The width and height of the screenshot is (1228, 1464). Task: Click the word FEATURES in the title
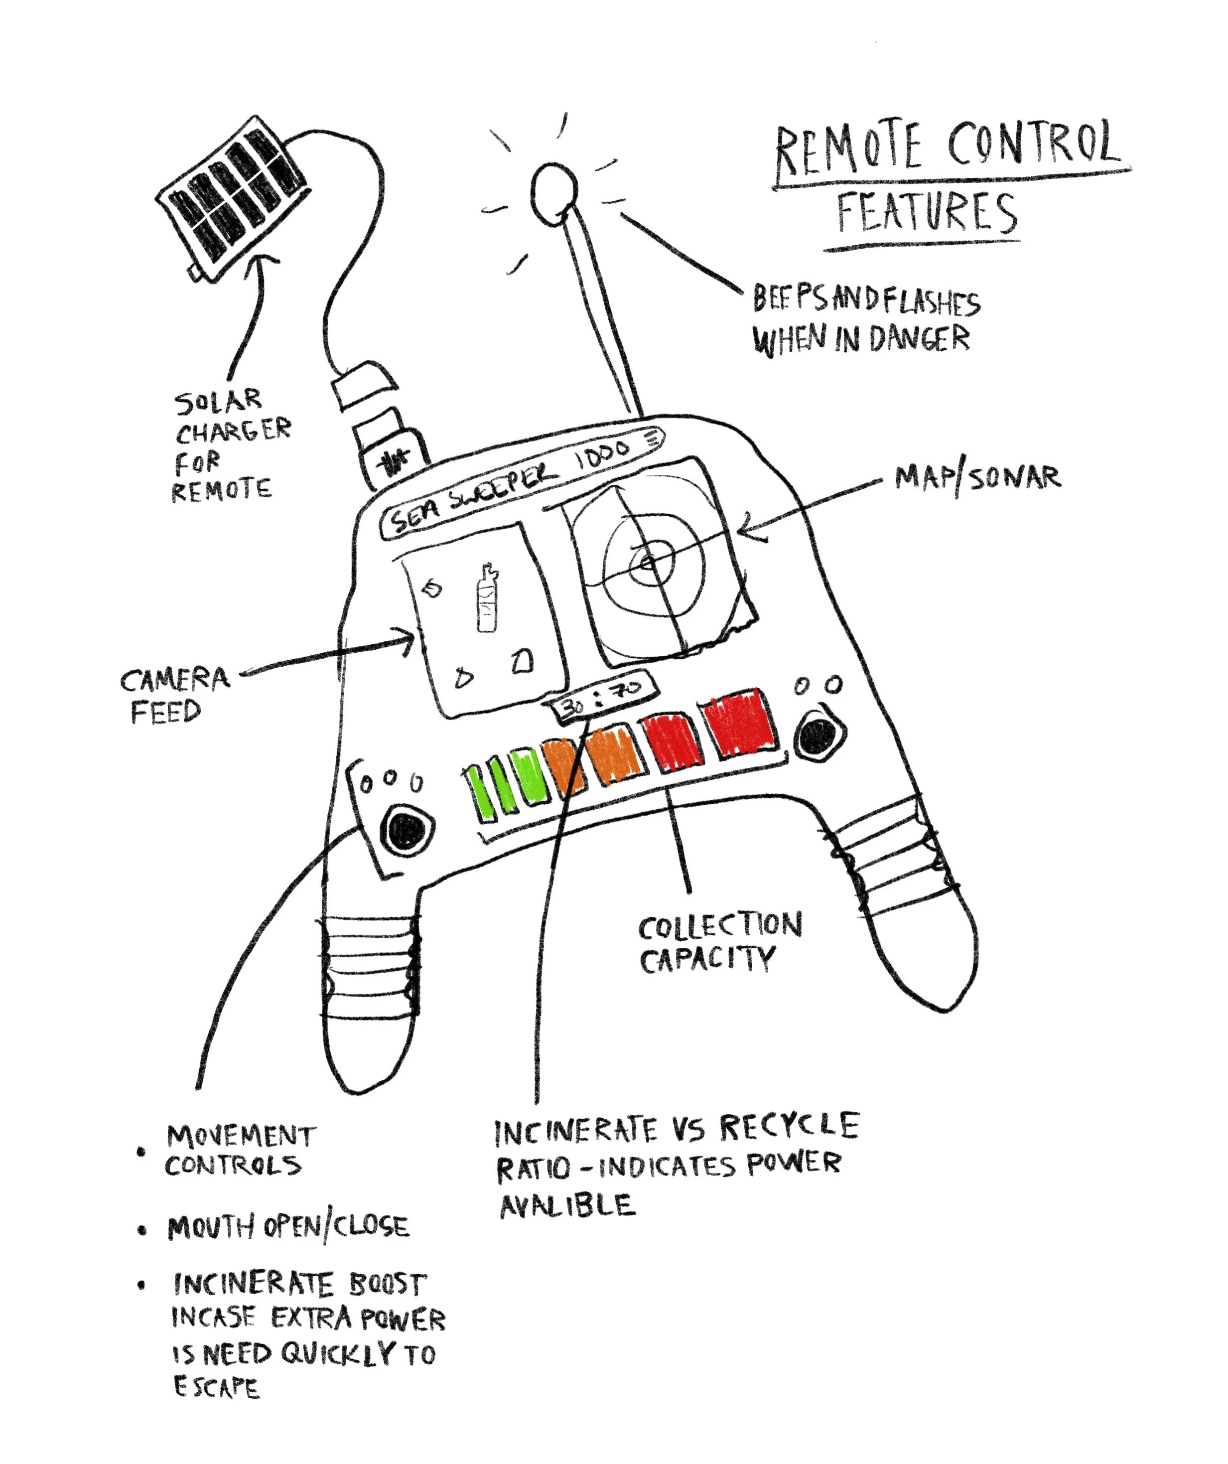(927, 213)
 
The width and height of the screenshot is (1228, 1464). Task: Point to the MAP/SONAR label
(978, 478)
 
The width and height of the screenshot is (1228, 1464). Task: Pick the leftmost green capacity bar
(479, 793)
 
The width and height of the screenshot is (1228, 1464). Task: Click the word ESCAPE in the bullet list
(216, 1387)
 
